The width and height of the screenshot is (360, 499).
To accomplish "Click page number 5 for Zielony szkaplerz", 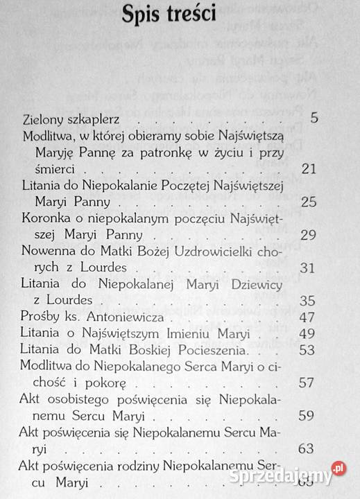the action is [314, 118].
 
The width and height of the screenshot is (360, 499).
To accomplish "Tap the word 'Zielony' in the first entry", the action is [44, 119].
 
